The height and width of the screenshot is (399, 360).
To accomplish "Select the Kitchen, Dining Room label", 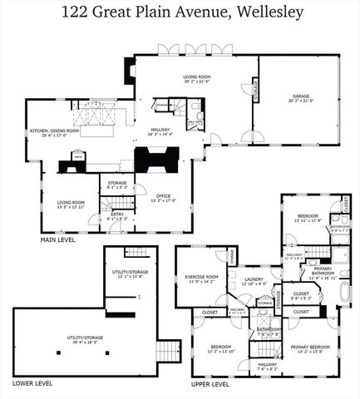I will pos(55,131).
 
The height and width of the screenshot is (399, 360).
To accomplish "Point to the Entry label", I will pos(118,215).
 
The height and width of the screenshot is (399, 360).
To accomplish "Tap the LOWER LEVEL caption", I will pos(32,383).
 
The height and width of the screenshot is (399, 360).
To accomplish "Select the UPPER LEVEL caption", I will pos(210,384).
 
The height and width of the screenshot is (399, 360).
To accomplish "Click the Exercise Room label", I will pos(202,277).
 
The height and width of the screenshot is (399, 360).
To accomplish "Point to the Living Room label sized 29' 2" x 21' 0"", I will pos(196,78).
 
